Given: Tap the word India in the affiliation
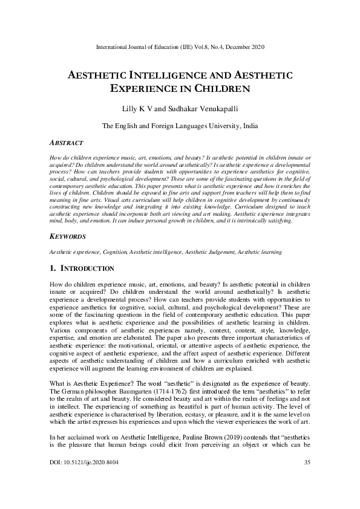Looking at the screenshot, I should tap(249, 126).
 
